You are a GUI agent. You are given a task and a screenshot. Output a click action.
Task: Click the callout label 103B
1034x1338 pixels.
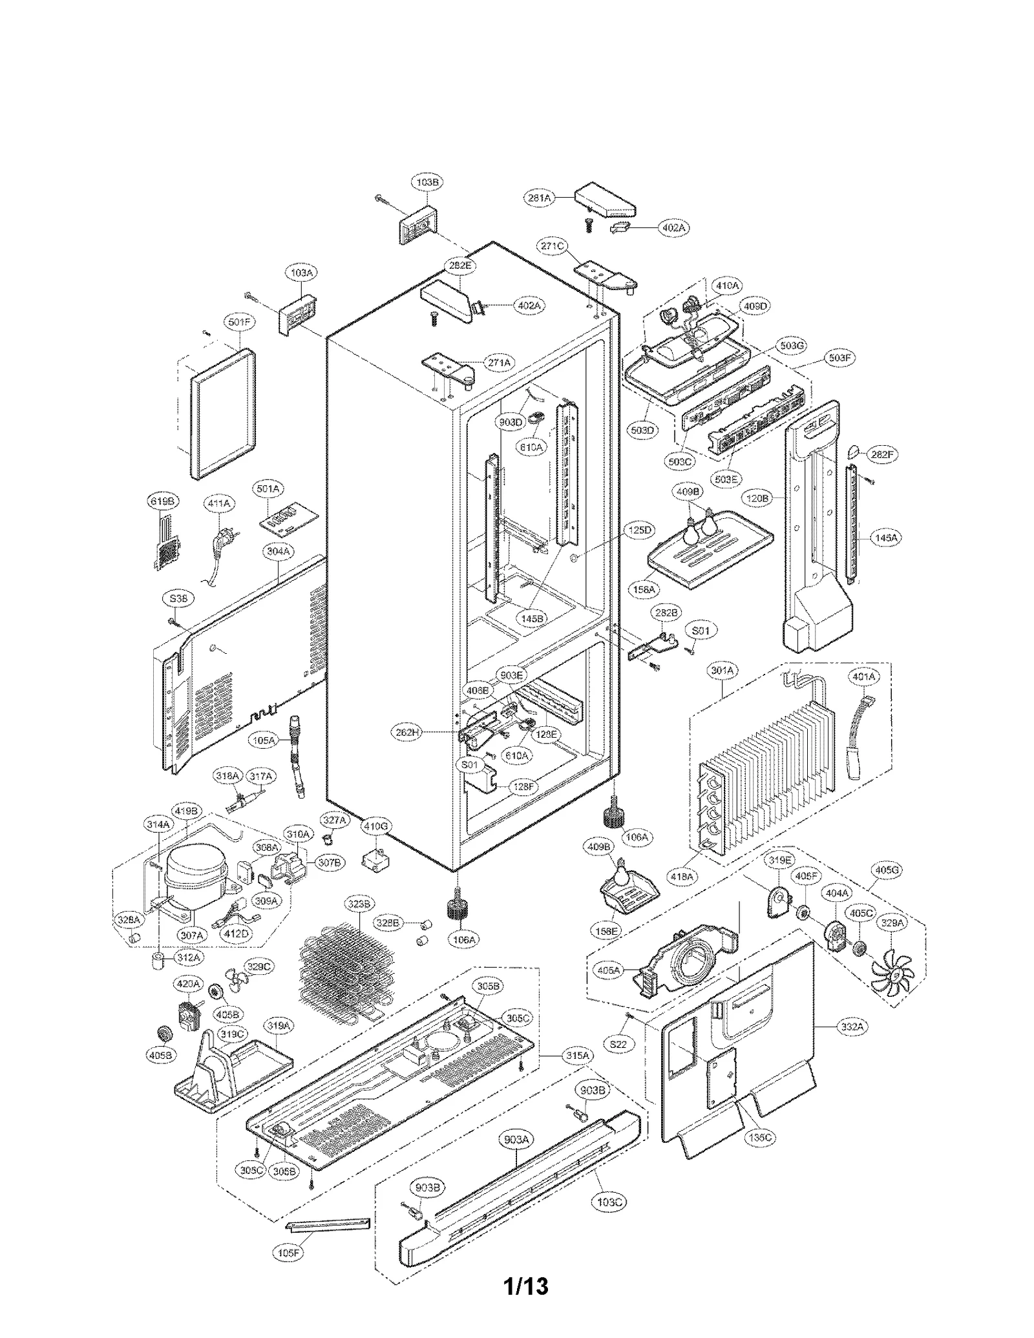tap(427, 183)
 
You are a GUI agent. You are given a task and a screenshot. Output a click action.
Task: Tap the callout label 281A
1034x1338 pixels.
tap(539, 198)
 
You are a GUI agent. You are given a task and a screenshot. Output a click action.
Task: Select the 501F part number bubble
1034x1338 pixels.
tap(239, 322)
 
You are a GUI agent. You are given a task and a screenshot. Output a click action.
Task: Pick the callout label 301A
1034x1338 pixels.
tap(722, 671)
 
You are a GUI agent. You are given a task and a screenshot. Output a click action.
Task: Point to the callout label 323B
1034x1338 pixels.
tap(357, 904)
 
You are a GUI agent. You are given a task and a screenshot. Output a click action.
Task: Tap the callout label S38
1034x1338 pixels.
tap(178, 599)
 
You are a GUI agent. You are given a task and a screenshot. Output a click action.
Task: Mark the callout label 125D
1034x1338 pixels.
tap(640, 530)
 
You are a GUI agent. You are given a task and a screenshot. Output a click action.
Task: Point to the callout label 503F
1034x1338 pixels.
tap(839, 357)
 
